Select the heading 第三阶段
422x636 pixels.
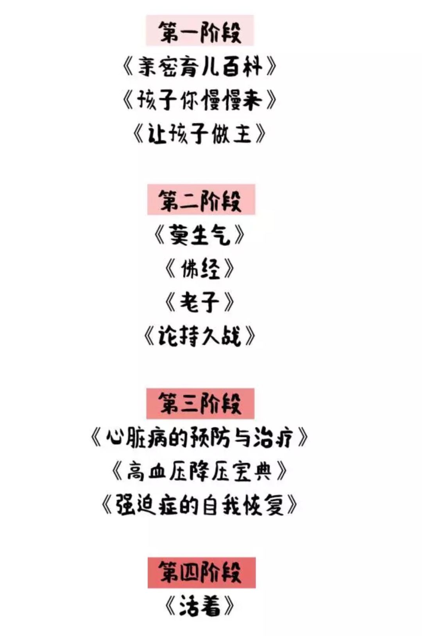tap(200, 403)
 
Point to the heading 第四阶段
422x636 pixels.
tap(201, 572)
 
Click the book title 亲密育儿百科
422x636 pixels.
tap(200, 67)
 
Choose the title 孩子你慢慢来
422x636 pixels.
tap(200, 100)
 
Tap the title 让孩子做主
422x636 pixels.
tap(200, 134)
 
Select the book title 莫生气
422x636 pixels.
tap(200, 235)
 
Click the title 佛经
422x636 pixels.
tap(200, 269)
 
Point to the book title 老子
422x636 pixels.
tap(200, 302)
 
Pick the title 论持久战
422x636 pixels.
tap(200, 336)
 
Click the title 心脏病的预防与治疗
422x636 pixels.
tap(200, 438)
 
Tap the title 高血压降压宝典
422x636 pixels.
tap(200, 472)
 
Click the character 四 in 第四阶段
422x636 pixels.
tap(190, 572)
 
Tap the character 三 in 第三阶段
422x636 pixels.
tap(190, 403)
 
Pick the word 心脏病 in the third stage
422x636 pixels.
tap(136, 438)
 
